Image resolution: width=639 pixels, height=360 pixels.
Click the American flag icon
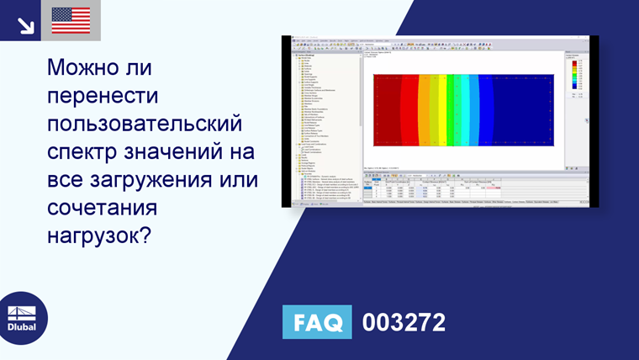pos(71,20)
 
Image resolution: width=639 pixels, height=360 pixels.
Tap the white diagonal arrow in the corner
pos(25,23)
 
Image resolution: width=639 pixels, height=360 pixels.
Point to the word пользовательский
pos(145,124)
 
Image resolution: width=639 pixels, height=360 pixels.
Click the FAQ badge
pos(317,323)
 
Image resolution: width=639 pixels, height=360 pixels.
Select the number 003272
pos(404,323)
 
